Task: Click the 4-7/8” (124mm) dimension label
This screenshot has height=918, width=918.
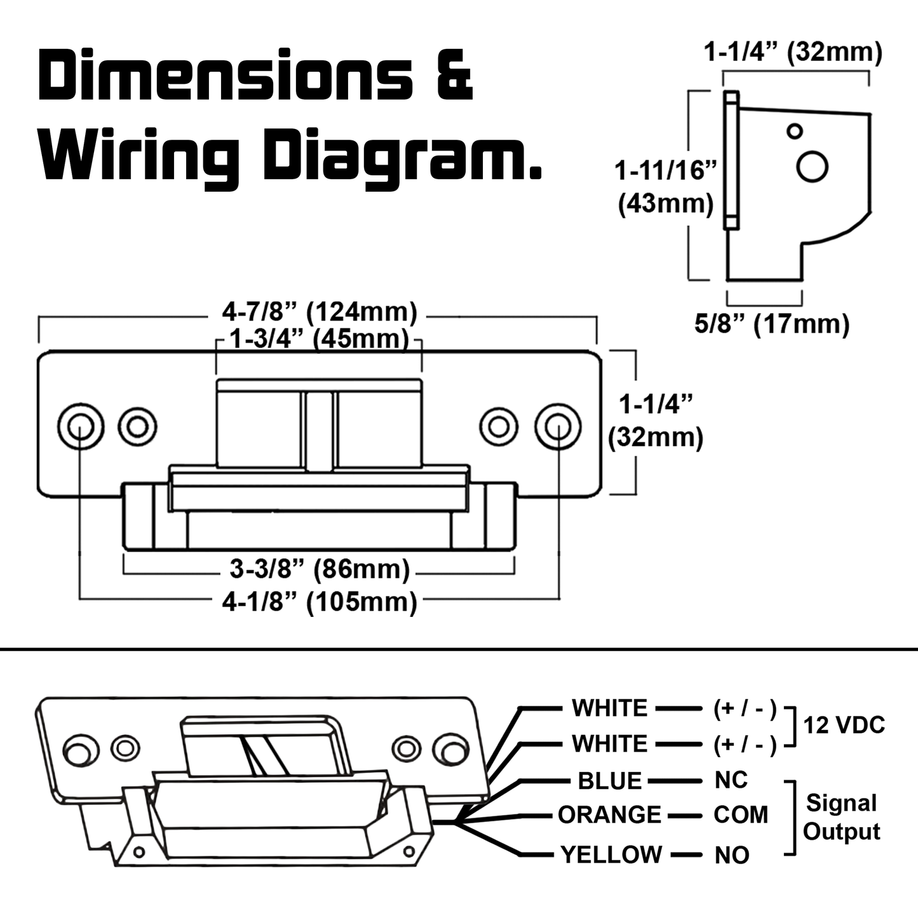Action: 319,312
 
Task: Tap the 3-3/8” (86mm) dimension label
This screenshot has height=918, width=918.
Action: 319,569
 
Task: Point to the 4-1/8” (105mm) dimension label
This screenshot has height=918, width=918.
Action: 319,602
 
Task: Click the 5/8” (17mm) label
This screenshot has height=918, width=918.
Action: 772,324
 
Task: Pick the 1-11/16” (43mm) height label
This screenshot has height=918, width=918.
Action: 666,188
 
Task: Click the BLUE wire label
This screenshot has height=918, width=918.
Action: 610,781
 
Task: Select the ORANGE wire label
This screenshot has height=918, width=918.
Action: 609,815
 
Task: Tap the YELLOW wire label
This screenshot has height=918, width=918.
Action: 611,854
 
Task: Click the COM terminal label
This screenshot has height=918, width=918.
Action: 741,815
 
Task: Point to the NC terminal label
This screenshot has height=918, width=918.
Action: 731,780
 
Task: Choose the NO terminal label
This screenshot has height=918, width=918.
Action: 732,855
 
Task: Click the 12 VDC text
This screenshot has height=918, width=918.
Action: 844,725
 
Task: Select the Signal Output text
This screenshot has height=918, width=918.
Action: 842,817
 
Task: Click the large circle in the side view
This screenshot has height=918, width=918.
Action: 813,167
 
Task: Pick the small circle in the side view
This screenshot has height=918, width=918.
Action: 794,132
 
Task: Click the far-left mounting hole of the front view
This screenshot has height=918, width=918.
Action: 80,425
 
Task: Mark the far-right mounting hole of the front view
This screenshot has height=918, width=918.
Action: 558,425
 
